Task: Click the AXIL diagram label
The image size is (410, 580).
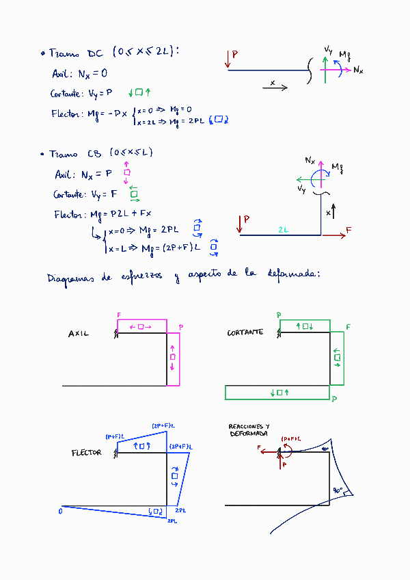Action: pos(79,334)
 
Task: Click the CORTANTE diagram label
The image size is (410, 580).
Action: pos(245,332)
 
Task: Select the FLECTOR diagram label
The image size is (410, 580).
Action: pos(86,453)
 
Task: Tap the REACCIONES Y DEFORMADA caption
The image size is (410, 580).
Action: pos(249,430)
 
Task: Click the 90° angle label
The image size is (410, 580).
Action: pos(338,490)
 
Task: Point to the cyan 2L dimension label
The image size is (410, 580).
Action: pos(283,230)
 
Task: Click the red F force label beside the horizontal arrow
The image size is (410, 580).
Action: pos(348,230)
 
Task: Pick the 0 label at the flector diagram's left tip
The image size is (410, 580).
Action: pos(61,510)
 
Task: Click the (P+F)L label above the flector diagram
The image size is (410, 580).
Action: pos(114,436)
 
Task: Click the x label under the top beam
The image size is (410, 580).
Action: pos(273,83)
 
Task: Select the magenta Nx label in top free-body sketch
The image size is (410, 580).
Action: pos(358,70)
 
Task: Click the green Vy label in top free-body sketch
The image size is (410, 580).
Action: pos(329,49)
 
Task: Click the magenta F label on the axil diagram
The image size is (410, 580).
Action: pos(119,315)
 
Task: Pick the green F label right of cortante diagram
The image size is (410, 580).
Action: pos(348,328)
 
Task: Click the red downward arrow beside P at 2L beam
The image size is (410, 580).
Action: pos(240,224)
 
